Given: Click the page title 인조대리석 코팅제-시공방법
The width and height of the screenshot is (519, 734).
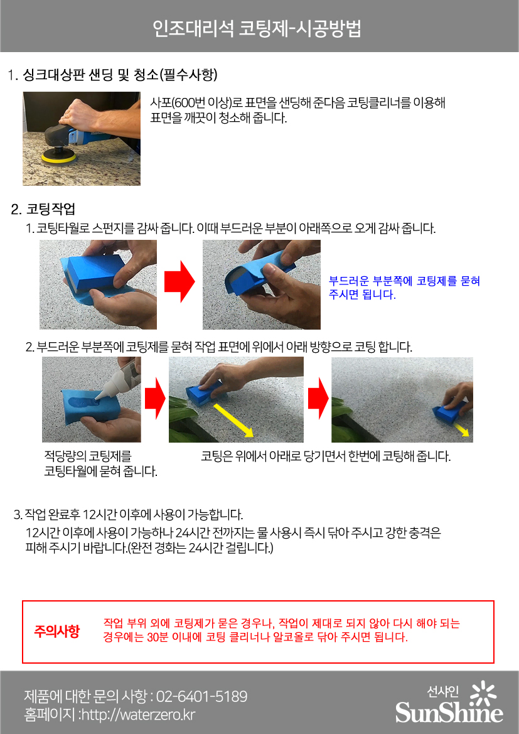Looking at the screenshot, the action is click(257, 28).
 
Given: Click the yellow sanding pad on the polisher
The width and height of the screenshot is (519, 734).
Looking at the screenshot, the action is click(58, 158).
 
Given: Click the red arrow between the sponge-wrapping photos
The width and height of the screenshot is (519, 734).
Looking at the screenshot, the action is click(179, 281).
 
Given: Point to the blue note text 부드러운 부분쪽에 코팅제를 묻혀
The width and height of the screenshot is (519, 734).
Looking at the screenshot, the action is click(404, 281).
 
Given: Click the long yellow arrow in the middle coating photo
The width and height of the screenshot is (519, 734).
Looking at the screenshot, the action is click(233, 420).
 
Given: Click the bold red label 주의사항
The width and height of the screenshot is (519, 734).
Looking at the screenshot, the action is click(56, 631).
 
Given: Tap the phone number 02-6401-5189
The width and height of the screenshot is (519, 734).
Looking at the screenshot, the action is click(201, 696).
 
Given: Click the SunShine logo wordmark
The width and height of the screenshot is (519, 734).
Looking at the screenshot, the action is click(449, 713).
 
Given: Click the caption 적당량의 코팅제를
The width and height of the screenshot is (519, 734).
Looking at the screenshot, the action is click(88, 455).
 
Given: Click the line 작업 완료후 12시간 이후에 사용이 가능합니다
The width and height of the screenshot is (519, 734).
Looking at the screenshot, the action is click(129, 515).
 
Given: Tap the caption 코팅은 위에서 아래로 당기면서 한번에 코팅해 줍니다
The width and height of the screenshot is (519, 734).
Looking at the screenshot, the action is click(326, 456).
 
